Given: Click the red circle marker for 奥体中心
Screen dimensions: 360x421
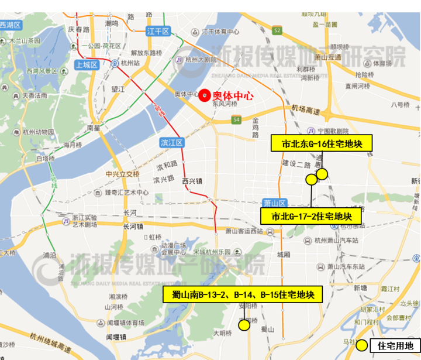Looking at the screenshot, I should tap(203, 95).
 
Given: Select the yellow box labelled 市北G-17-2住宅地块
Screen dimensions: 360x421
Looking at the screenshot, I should tap(310, 216).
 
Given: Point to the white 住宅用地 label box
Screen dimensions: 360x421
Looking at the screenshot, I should tap(395, 345).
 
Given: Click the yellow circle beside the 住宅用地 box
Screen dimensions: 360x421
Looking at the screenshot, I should tap(363, 345).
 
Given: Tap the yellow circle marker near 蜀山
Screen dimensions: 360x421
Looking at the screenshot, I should tap(244, 325).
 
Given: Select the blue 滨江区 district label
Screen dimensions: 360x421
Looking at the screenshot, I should tap(172, 142).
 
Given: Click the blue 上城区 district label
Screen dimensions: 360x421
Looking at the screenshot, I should tap(86, 65).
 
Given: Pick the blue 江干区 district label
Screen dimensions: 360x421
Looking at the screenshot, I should tap(158, 30).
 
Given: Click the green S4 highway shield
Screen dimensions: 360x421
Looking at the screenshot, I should tap(236, 120).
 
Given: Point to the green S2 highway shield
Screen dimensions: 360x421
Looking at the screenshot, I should tap(277, 30).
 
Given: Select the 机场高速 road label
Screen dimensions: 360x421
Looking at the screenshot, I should tap(305, 110).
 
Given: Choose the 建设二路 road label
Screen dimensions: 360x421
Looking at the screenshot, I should tap(296, 164).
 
